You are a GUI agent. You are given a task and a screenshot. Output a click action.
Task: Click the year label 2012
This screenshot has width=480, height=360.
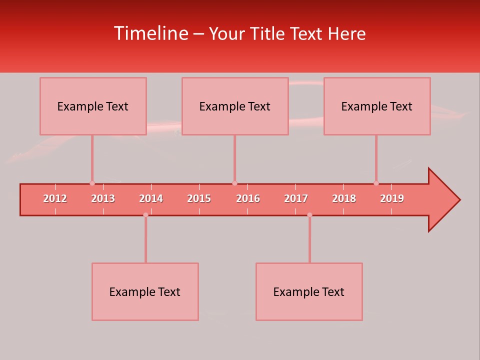(55, 198)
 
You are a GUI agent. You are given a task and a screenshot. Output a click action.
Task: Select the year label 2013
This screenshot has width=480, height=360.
(103, 198)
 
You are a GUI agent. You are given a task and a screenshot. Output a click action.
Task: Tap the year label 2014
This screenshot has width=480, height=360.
(151, 198)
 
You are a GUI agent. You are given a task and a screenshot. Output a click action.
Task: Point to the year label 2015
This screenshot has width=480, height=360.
(199, 198)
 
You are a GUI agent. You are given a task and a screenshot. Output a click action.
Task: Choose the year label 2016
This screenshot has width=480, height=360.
(248, 198)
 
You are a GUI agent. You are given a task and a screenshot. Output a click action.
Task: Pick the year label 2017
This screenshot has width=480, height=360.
(296, 198)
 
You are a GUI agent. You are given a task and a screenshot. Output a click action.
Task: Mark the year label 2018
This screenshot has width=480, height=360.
(344, 198)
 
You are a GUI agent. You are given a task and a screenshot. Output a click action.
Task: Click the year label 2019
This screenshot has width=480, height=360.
(392, 198)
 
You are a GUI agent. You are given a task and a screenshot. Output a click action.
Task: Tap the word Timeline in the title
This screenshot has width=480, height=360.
(150, 33)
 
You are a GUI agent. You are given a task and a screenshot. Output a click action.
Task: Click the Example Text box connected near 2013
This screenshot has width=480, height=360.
(93, 106)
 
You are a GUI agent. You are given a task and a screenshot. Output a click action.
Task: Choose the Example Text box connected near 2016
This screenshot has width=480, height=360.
(235, 106)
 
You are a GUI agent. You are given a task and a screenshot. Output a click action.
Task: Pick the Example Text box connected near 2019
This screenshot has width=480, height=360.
(377, 106)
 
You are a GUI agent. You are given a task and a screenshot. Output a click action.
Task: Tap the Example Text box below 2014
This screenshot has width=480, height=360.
(145, 291)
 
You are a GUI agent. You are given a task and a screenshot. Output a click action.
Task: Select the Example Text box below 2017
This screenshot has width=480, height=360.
(309, 291)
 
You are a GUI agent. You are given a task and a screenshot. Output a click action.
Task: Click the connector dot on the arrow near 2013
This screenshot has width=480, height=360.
(92, 183)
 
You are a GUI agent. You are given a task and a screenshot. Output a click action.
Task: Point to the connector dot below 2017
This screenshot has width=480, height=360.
(309, 215)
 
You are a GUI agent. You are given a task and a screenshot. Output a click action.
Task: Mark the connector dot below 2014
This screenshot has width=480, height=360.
(145, 215)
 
